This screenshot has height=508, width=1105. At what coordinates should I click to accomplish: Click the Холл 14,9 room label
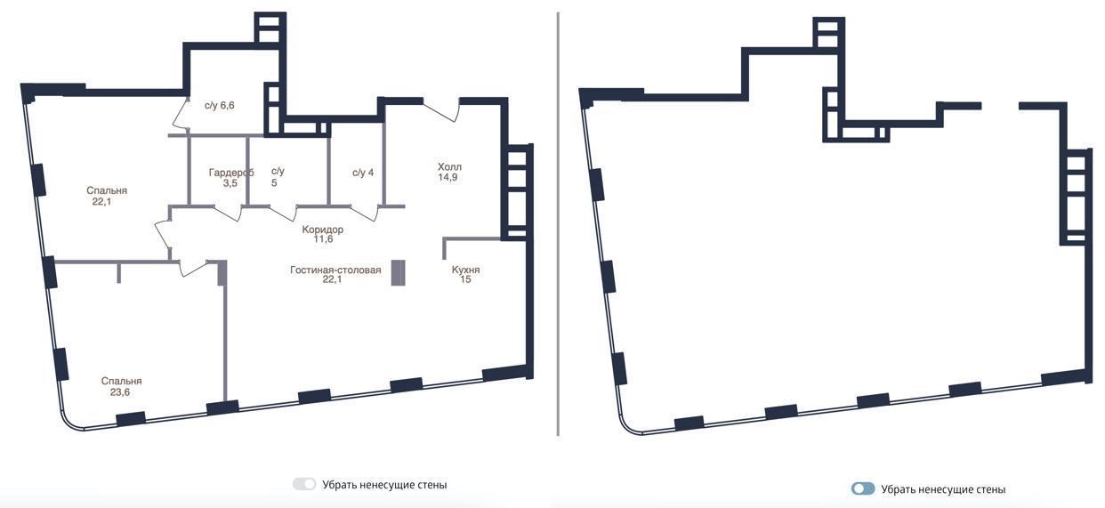[449, 172]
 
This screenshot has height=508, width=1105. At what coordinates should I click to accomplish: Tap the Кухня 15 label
[465, 274]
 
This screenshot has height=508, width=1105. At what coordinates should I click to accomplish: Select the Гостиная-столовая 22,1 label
[335, 274]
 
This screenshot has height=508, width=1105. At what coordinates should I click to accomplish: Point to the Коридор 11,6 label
[323, 234]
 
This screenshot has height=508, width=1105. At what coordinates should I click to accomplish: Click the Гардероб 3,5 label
[230, 178]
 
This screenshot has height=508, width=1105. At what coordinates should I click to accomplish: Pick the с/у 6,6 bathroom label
[220, 105]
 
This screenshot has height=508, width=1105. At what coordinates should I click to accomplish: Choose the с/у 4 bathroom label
[363, 173]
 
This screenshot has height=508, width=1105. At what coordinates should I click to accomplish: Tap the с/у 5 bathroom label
[278, 176]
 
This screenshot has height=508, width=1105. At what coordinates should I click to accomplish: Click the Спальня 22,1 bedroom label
[107, 196]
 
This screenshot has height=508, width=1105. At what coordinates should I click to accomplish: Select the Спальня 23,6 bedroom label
[121, 387]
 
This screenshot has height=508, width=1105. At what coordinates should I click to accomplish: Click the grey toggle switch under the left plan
[304, 484]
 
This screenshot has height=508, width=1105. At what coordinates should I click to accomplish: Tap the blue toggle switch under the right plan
[863, 488]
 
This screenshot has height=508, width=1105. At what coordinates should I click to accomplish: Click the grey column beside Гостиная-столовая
[398, 273]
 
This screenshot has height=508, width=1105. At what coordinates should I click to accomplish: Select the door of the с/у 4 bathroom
[365, 213]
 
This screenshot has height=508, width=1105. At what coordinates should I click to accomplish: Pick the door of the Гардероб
[229, 213]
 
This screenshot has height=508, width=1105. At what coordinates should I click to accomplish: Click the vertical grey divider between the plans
[558, 224]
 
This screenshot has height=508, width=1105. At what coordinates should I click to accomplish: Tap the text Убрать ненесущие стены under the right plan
[943, 489]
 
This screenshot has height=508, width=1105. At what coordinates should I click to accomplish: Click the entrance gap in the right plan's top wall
[1000, 106]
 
